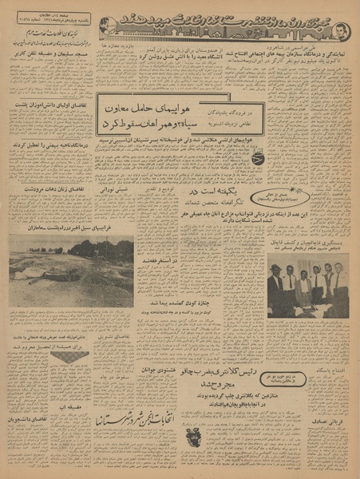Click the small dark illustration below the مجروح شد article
click(194, 438)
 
